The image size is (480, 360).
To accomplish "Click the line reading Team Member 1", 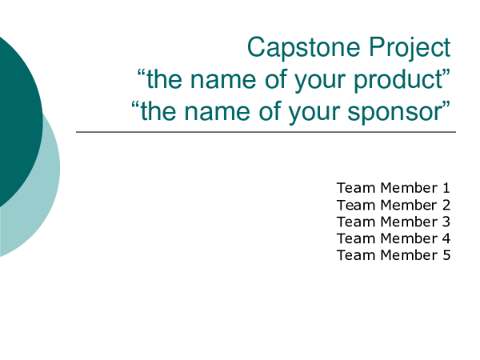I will click(x=394, y=188).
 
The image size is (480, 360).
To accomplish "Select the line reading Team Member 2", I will click(x=394, y=205).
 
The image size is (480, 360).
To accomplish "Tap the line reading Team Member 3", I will click(x=394, y=222).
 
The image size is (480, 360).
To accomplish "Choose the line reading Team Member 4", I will click(x=394, y=238).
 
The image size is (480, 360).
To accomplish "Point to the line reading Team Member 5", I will click(x=394, y=255).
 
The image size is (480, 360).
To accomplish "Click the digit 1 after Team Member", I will click(x=446, y=188).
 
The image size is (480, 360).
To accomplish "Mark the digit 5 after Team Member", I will click(x=446, y=255).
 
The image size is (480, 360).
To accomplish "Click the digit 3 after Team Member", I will click(x=446, y=222).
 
